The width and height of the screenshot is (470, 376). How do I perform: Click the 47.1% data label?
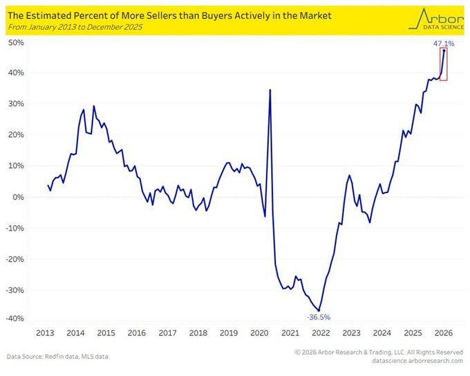coord(443,44)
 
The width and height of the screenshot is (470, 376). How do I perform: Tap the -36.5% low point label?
coord(319,317)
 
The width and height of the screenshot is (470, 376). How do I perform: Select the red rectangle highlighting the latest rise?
coord(443,65)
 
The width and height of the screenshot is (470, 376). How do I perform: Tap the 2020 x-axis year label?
coord(259,332)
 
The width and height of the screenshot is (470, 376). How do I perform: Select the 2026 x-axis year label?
coord(444,332)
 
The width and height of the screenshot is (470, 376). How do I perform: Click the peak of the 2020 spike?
coord(270,90)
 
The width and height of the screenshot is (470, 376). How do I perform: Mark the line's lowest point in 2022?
coord(319,310)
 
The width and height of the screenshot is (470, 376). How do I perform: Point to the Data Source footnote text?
coord(57,357)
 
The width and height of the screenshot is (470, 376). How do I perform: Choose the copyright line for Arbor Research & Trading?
coord(378,352)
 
